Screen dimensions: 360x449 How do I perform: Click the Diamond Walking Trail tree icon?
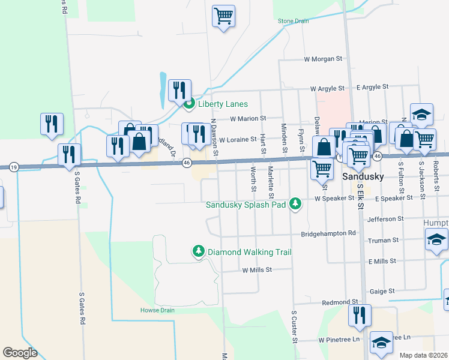[x=199, y=251]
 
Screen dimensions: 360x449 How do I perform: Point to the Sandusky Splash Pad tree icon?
[x=295, y=205]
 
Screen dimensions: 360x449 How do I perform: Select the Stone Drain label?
[x=293, y=21]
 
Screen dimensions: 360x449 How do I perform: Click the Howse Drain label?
[x=157, y=310]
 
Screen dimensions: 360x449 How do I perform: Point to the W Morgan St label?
[x=322, y=59]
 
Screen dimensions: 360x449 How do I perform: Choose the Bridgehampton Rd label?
[x=328, y=233]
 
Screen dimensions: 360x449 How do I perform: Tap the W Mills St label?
[x=258, y=271]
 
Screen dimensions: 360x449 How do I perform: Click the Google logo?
[x=20, y=353]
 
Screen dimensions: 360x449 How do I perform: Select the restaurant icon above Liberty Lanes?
[x=179, y=90]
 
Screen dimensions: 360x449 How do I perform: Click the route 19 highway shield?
[x=14, y=166]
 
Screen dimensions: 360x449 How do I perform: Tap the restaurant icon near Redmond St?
[x=360, y=315]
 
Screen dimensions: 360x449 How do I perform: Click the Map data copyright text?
[x=423, y=355]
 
